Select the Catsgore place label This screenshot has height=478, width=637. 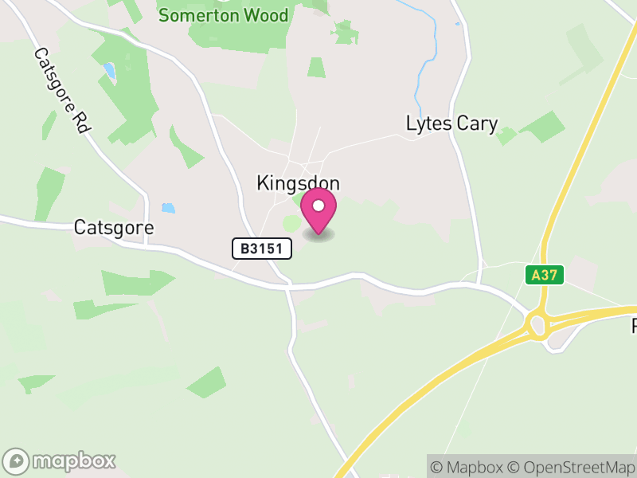pos(113,227)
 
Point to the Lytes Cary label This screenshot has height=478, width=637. pos(451,123)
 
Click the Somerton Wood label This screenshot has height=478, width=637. pos(223,16)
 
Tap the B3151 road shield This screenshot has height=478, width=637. pos(262,249)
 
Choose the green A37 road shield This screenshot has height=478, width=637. pos(545,275)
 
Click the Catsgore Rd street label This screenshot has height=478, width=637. pos(61,91)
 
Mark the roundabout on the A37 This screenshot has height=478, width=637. pos(537,325)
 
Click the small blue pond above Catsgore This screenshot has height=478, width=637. pos(168,209)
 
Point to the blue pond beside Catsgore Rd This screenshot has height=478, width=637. pos(109,71)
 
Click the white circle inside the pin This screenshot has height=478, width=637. pos(318,206)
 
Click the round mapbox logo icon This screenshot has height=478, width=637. pos(18,460)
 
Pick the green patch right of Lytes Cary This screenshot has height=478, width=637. pos(541,126)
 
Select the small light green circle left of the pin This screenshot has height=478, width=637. pos(292,225)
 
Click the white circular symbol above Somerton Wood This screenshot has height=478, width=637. pos(224,2)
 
